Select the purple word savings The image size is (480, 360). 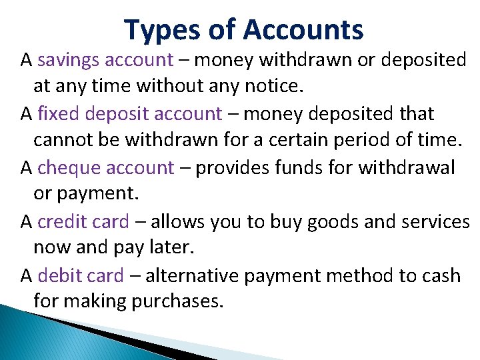click(x=69, y=61)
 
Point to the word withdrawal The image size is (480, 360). click(x=407, y=167)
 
